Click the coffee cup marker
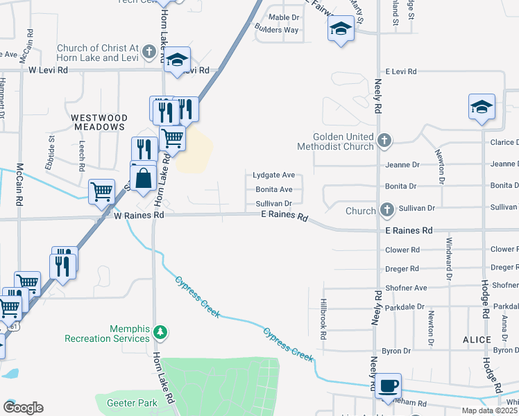pos(389,385)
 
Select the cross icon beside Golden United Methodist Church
pos(384,142)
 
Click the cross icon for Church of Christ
pos(148,52)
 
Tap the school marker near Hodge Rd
pos(482,107)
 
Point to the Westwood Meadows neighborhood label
pos(99,123)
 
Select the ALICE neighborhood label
pos(477,340)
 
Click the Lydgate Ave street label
pos(273,175)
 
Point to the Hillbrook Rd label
pos(323,319)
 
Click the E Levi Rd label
pos(400,71)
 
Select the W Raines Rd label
pos(139,216)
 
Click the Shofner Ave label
pos(407,287)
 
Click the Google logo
pos(23,408)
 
